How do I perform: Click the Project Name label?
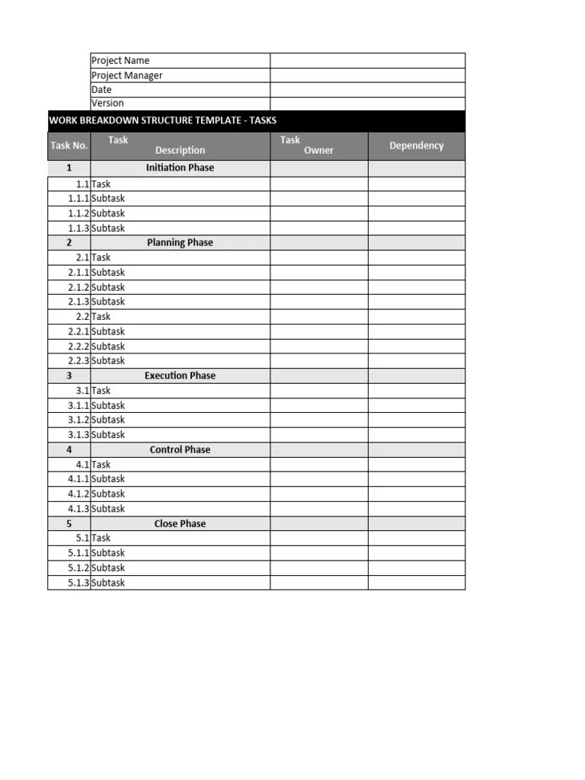point(120,61)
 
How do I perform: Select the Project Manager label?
point(126,75)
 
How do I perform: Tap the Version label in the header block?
point(107,104)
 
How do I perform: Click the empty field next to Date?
point(367,90)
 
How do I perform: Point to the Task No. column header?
point(69,145)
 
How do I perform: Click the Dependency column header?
point(416,145)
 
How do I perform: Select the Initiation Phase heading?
point(180,168)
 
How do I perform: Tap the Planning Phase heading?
point(180,242)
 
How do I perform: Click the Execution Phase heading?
point(180,376)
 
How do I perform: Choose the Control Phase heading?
point(180,449)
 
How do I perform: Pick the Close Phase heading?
point(180,524)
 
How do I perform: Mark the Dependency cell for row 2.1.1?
point(416,273)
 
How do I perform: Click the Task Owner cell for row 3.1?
point(318,391)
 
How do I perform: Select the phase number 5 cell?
point(69,524)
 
